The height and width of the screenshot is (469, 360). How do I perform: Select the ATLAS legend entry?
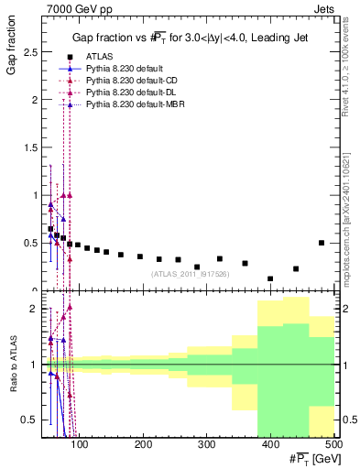(x=99, y=56)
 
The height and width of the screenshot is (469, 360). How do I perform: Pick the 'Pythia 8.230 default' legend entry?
(x=124, y=69)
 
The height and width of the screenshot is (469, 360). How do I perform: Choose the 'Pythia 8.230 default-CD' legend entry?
(x=130, y=82)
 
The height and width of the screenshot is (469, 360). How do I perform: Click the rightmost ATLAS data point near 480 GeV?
(x=322, y=243)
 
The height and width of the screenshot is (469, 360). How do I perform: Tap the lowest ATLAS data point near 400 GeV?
(x=270, y=278)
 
